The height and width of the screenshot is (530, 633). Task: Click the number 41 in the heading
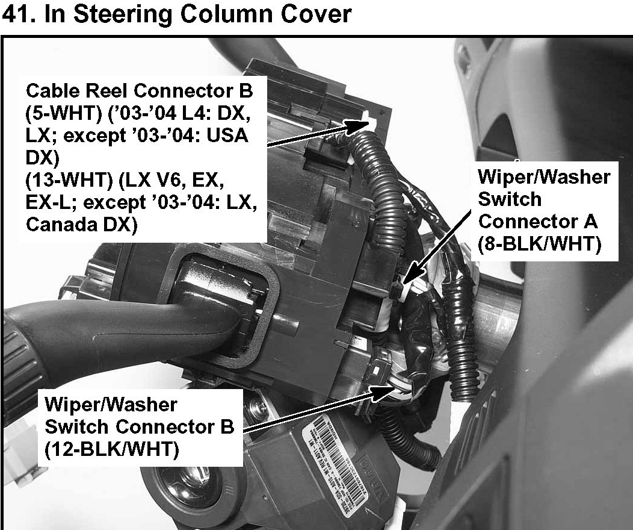17,13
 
